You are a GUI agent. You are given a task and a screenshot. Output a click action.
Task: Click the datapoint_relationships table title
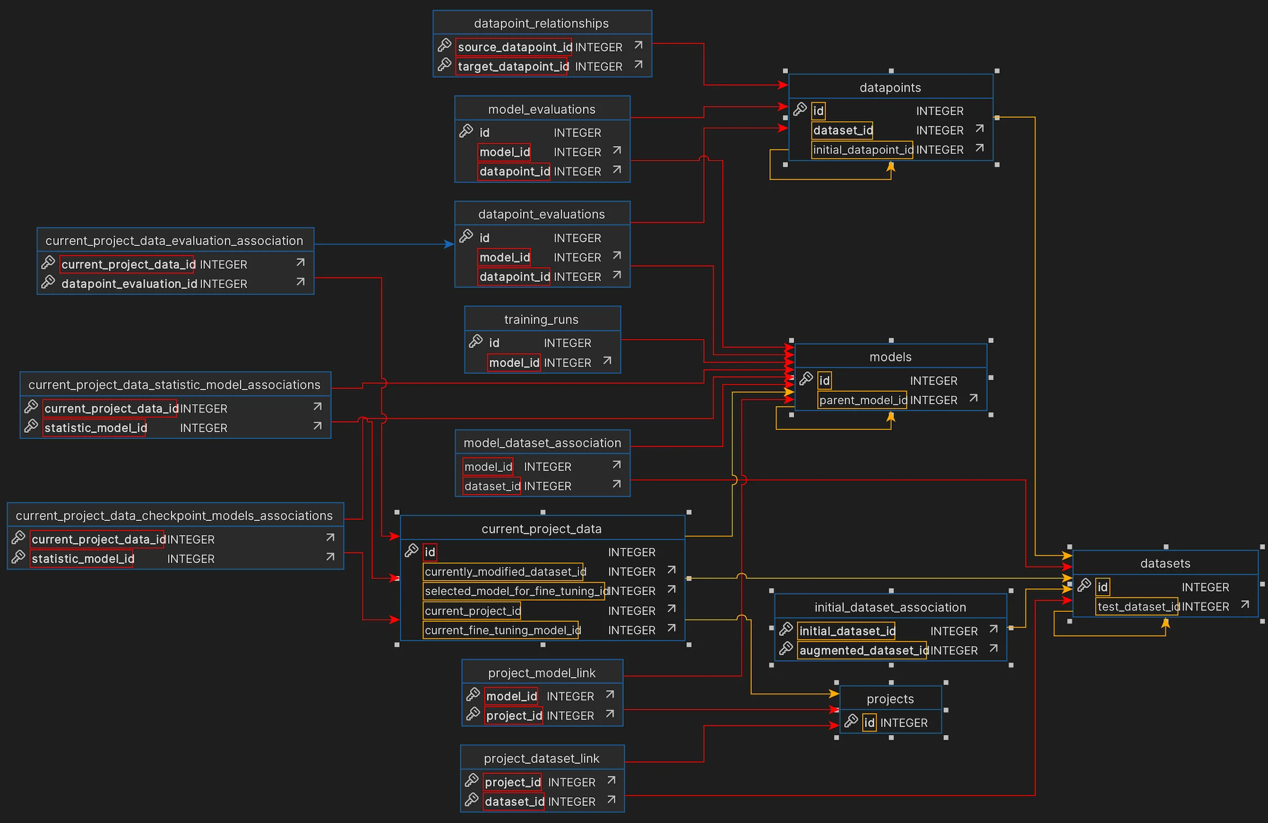(x=541, y=23)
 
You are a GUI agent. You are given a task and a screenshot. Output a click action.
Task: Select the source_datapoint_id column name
(x=514, y=47)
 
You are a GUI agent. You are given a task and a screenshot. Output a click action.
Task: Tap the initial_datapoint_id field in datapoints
(x=862, y=150)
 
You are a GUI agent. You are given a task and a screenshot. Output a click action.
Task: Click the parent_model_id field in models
(x=862, y=400)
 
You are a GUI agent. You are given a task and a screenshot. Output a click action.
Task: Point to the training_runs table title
(x=541, y=319)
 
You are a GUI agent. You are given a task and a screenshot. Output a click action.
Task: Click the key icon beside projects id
(x=851, y=721)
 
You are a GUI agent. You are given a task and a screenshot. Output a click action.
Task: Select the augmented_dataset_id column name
(x=861, y=651)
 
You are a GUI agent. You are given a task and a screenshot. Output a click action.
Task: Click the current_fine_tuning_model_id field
(x=502, y=630)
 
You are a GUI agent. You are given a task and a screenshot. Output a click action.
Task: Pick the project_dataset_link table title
(x=541, y=758)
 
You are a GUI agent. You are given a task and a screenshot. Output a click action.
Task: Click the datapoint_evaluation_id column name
(x=129, y=284)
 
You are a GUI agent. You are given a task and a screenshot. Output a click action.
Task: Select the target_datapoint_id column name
(x=513, y=67)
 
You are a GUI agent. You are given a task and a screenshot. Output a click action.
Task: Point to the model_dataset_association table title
(x=542, y=443)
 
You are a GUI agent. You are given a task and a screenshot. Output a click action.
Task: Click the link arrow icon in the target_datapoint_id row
(x=638, y=65)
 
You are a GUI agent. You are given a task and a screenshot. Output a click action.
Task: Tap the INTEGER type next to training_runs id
(x=567, y=343)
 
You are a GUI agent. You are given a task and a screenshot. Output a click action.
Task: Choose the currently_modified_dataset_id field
(x=504, y=572)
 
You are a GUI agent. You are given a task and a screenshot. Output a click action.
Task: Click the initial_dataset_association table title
(x=890, y=607)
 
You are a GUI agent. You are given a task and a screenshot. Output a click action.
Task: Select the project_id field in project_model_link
(x=514, y=716)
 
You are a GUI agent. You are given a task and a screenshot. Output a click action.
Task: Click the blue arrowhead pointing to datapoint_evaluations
(x=449, y=244)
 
